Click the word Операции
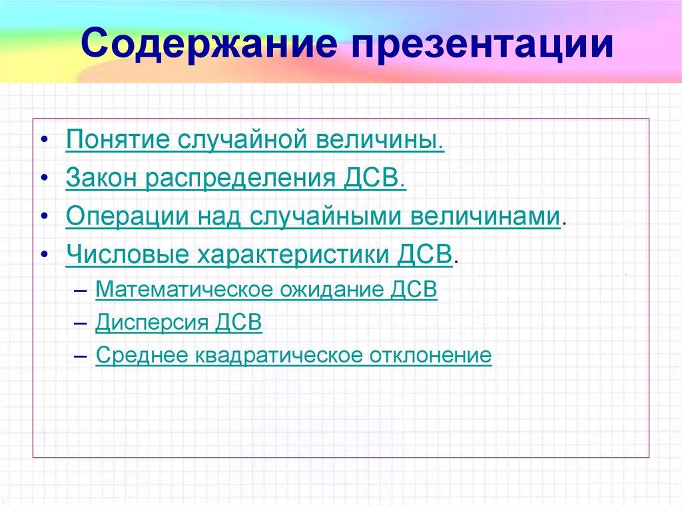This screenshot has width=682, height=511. click(124, 217)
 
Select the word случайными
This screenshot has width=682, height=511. click(323, 217)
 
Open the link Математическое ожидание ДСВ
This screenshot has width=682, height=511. click(266, 290)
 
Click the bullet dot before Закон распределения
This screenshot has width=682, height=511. click(43, 180)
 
